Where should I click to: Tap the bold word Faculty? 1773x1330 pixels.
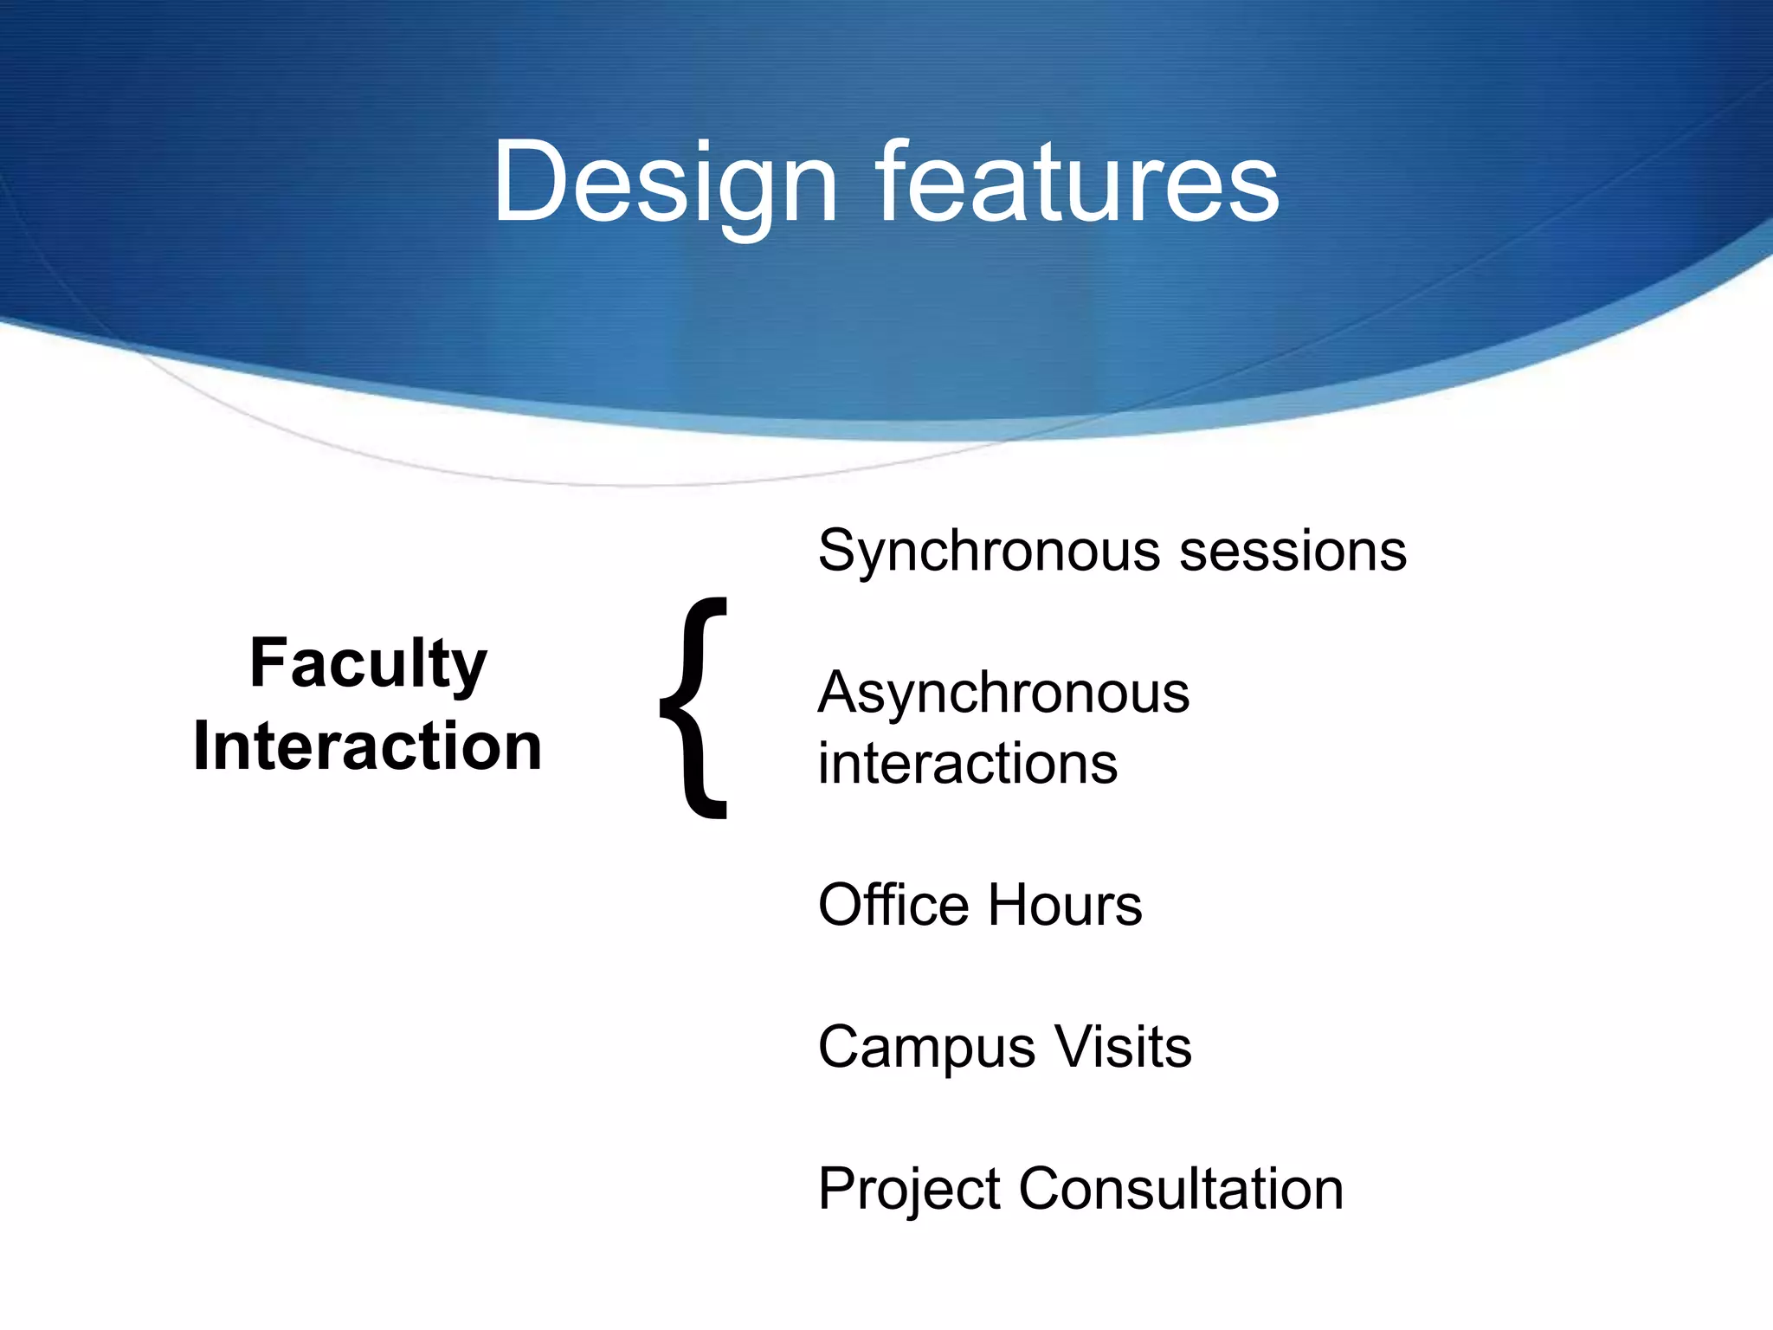(x=368, y=665)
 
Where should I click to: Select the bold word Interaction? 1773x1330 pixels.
(x=368, y=746)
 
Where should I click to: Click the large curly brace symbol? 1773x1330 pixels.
(x=695, y=707)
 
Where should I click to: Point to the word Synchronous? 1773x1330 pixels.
(x=989, y=552)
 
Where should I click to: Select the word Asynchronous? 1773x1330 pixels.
(x=1003, y=694)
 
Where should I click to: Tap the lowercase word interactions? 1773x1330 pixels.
(x=968, y=764)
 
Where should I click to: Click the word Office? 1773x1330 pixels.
(x=893, y=905)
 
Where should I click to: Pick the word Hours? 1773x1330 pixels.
(x=1065, y=906)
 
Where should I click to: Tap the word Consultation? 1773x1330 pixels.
(x=1181, y=1188)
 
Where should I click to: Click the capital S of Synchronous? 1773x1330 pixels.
(x=837, y=551)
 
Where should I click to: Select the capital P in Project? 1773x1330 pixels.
(x=837, y=1188)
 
